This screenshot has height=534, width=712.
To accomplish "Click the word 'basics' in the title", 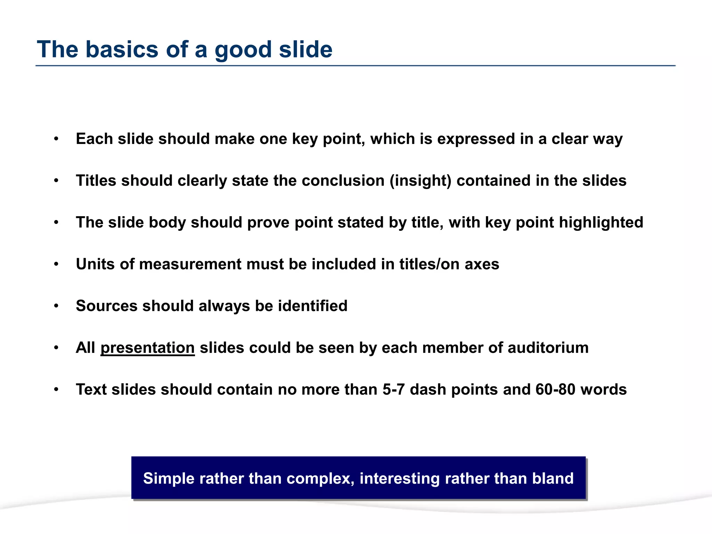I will point(122,49).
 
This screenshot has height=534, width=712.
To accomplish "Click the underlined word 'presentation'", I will point(147,348).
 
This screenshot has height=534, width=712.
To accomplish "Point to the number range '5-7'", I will point(394,389).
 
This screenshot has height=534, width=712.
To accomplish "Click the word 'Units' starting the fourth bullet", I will point(93,264).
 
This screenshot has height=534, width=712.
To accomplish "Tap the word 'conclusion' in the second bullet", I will point(343,181).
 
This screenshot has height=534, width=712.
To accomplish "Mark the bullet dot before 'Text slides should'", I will point(56,390).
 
